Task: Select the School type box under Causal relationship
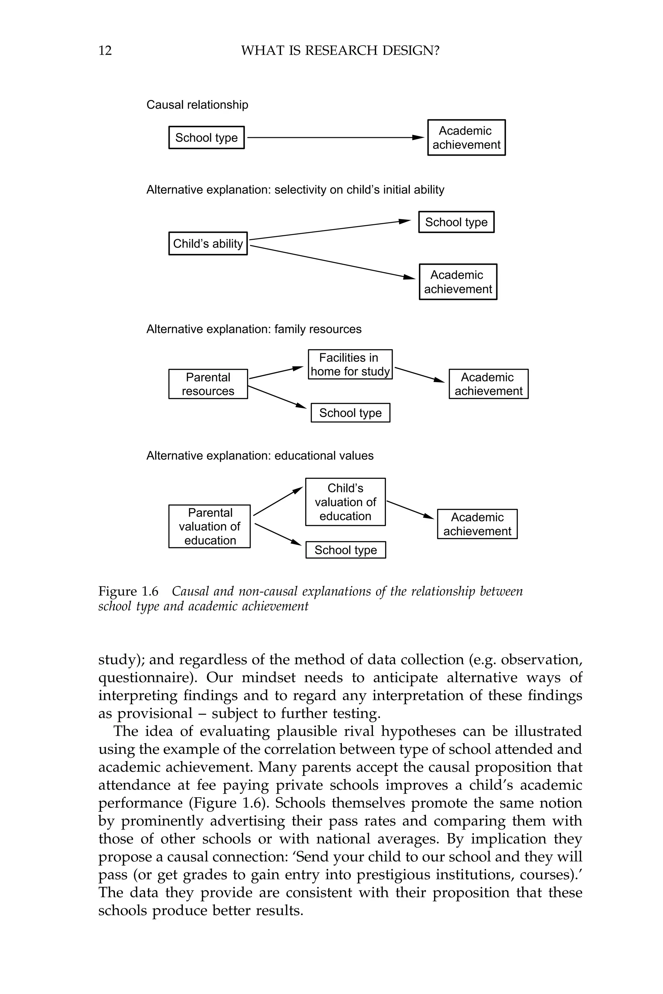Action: (206, 137)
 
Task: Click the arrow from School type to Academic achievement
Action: (334, 137)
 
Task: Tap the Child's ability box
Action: (208, 243)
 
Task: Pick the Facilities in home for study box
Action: (350, 364)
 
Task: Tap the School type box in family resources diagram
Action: (350, 413)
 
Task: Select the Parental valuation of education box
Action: (209, 526)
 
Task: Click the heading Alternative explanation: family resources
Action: (254, 329)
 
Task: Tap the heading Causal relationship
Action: (197, 105)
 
